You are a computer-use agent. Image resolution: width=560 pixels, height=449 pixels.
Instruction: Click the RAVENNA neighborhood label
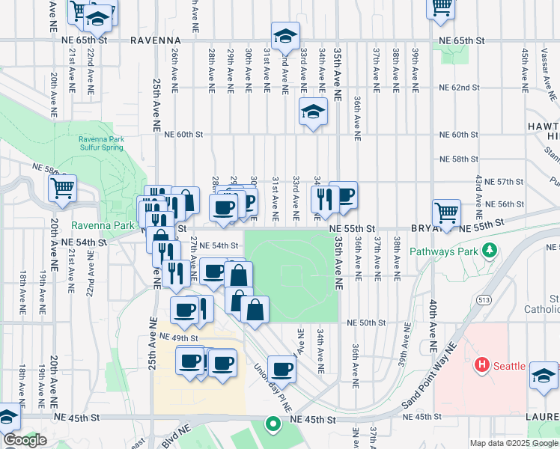coord(155,40)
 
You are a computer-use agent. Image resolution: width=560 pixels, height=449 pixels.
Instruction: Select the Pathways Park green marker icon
coord(490,250)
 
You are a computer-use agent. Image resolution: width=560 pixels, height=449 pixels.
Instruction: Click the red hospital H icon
coord(482,365)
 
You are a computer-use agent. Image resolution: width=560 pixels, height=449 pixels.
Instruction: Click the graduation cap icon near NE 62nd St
coord(313,112)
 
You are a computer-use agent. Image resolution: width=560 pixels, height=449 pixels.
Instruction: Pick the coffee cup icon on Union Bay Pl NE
coord(281,368)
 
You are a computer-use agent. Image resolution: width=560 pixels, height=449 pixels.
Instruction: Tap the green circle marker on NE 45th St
coord(273,424)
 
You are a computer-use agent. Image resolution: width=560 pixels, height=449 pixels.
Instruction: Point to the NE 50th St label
coord(366,323)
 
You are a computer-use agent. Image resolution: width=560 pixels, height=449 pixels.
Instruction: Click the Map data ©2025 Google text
coord(514,443)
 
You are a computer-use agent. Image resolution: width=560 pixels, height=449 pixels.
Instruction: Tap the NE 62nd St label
coord(459,88)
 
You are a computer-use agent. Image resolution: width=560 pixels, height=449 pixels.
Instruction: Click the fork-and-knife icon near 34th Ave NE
coord(324,198)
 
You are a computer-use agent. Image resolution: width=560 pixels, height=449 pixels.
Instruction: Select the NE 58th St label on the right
coord(459,159)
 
